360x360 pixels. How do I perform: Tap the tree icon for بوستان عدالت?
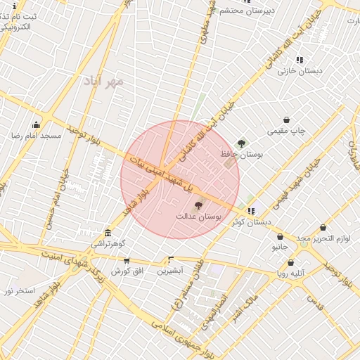pos(198,206)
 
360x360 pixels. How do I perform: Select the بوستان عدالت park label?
pos(198,218)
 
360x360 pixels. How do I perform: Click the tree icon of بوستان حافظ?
pos(242,143)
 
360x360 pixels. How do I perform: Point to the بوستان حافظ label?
pos(241,155)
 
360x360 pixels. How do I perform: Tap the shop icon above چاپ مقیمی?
pos(286,120)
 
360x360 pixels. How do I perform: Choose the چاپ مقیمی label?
pos(286,131)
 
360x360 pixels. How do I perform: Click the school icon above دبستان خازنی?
pos(300,60)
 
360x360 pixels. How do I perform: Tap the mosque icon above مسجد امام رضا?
pos(36,124)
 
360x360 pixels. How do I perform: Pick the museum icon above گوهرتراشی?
pos(107,233)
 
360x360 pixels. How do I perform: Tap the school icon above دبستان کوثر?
pos(251,211)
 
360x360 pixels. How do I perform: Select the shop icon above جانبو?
pos(280,237)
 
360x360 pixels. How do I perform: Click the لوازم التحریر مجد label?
pos(323,238)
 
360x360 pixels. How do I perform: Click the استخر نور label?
pos(19,290)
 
